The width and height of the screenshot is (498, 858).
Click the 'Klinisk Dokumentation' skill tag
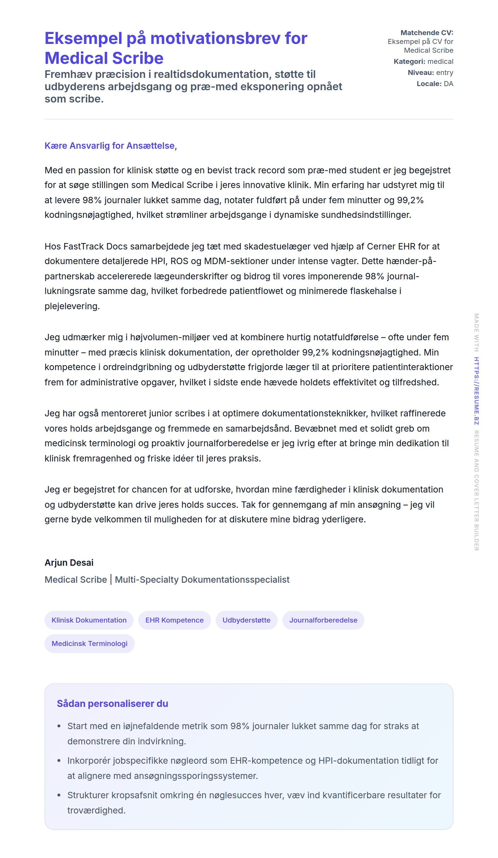(89, 620)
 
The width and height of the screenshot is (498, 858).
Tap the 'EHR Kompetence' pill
(174, 620)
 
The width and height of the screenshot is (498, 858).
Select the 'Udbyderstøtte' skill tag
(246, 620)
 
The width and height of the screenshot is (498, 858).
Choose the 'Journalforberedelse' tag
(323, 620)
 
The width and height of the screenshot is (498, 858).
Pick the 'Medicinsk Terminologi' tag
(89, 644)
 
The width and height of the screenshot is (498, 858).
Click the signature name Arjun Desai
(69, 563)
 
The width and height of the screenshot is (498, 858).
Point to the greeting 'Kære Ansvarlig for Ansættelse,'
(111, 146)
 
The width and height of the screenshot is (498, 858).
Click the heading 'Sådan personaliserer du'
(112, 703)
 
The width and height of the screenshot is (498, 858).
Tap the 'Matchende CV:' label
(427, 33)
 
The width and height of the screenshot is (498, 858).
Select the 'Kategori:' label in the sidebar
(409, 61)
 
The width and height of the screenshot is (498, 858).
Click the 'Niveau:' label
(420, 73)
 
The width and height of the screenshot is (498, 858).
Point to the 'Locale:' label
(429, 84)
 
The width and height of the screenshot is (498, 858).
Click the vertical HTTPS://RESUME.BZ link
(477, 391)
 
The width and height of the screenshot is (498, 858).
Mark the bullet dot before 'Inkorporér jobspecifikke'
(59, 760)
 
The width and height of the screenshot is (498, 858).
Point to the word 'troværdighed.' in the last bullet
(96, 810)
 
